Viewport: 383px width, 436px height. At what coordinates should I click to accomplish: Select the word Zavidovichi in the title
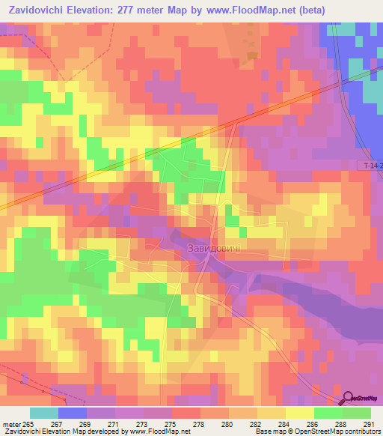(x=38, y=10)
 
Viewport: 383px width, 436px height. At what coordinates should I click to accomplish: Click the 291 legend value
(x=367, y=423)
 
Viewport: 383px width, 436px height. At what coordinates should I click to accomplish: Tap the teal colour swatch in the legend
(x=44, y=413)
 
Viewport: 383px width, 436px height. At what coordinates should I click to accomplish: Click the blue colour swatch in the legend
(x=73, y=413)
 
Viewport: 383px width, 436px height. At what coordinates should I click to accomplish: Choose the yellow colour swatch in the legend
(x=299, y=413)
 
